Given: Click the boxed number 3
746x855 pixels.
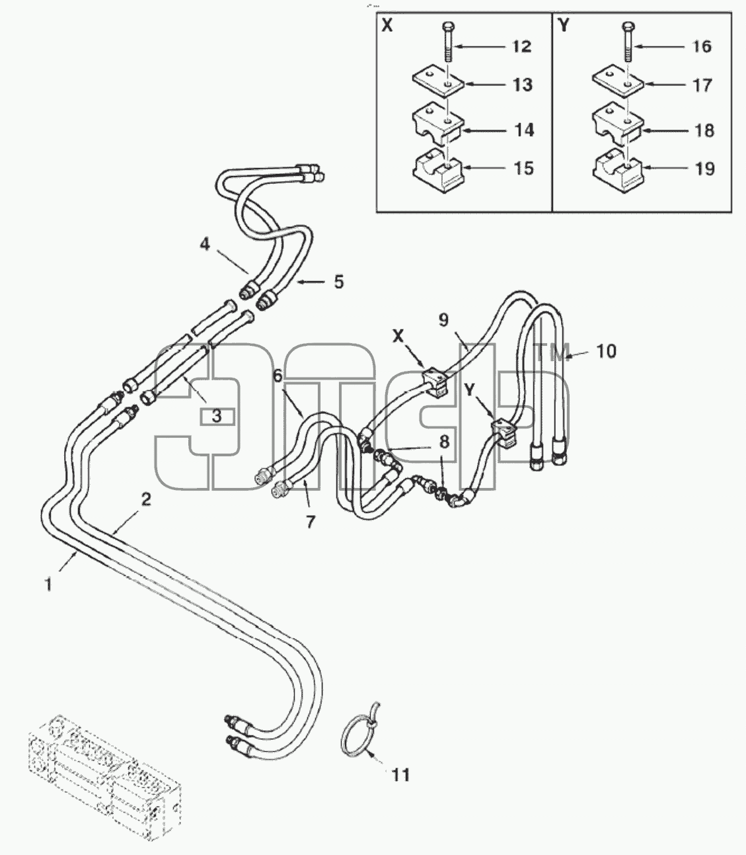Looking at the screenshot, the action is click(217, 416).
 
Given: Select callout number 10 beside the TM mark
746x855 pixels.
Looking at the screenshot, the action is click(606, 351).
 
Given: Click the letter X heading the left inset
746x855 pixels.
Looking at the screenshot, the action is click(387, 26).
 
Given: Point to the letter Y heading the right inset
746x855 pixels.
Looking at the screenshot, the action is click(564, 26).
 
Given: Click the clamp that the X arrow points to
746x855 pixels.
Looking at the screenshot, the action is click(435, 382).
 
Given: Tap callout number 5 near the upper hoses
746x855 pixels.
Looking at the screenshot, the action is click(338, 282).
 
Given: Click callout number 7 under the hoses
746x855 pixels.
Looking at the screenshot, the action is click(309, 522).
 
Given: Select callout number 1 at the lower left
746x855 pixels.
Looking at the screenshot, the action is click(49, 584).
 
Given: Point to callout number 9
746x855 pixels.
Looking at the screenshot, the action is click(443, 320).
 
